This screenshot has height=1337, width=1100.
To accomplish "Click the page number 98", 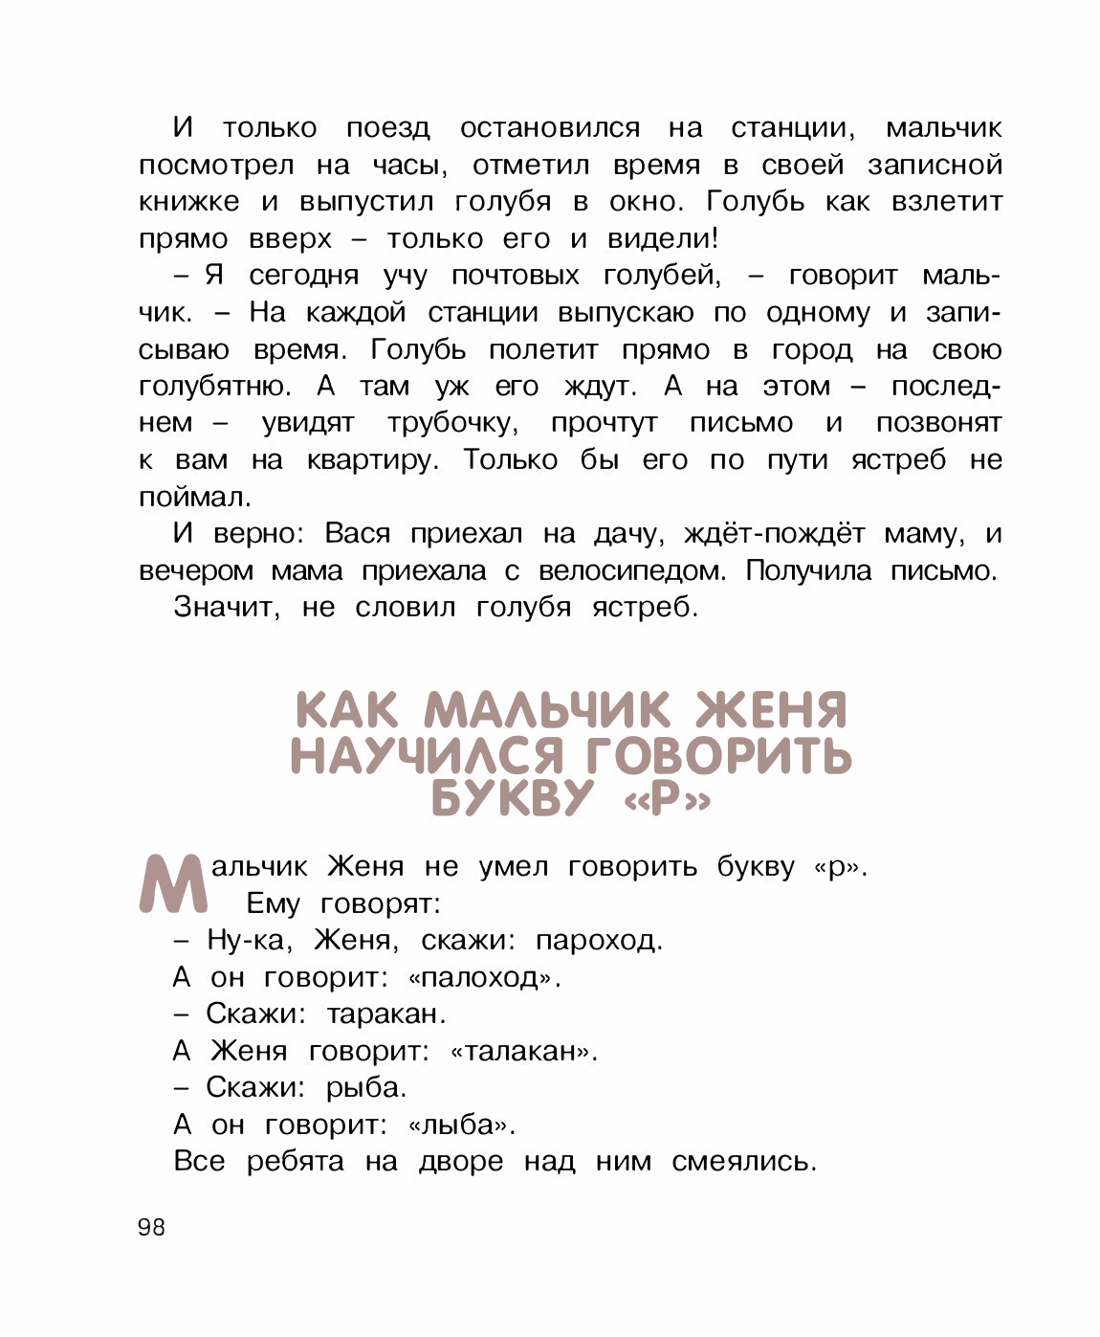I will pos(151,1227).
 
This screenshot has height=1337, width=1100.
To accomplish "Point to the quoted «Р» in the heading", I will pos(667,799).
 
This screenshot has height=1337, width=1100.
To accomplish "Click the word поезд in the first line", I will pos(387,128).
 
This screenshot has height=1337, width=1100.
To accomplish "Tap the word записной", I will pos(935,166).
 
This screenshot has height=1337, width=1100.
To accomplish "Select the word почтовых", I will pos(515,276).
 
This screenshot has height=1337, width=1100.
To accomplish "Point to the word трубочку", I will pos(453,423).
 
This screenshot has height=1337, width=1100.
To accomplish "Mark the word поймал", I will pos(195,498).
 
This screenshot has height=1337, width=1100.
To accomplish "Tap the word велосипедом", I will pos(632,571).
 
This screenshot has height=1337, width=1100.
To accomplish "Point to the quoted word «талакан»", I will pos(523,1052).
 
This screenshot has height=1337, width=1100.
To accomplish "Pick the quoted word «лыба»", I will pos(461,1125).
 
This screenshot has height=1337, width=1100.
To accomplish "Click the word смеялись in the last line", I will pos(744,1162).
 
